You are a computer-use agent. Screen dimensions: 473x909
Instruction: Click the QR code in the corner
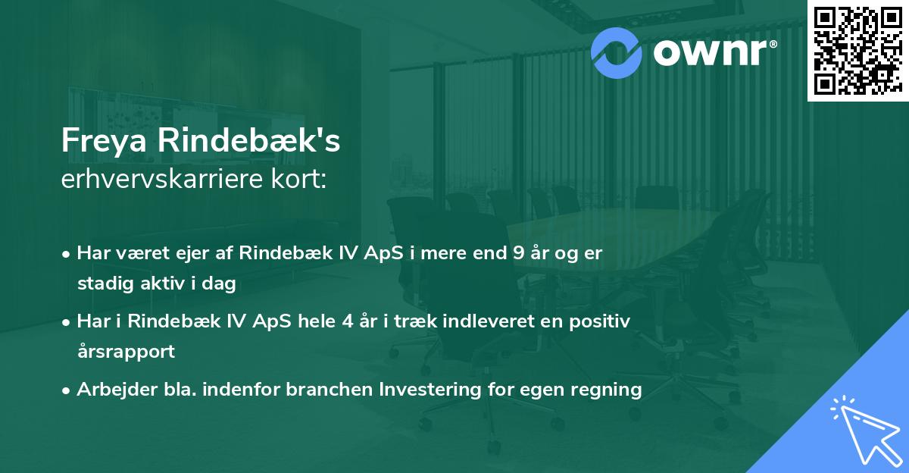(857, 50)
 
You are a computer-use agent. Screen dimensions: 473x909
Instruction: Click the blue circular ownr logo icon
(615, 52)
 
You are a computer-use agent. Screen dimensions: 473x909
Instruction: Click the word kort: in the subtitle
(301, 181)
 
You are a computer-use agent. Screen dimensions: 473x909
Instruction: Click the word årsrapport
(126, 352)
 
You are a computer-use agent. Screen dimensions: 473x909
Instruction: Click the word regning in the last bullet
(608, 390)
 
